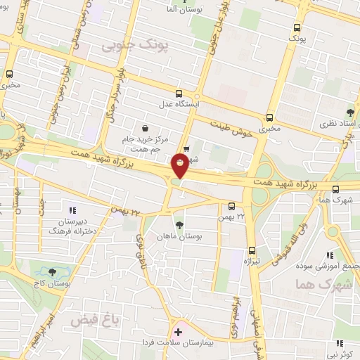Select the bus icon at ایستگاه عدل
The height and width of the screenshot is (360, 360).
pos(179,93)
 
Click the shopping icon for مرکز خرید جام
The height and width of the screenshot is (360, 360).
pos(145,129)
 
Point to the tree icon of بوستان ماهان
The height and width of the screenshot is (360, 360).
pos(180,225)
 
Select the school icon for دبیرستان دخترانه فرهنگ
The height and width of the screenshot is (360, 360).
pos(71,209)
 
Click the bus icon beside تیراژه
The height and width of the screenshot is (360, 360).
pos(252,250)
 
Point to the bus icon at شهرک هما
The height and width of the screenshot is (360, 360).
pos(336,188)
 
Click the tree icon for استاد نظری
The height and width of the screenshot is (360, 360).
pos(349,112)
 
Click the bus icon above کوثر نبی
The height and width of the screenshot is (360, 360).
pos(340,343)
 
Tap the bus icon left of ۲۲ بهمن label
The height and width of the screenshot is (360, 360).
pos(233,206)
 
